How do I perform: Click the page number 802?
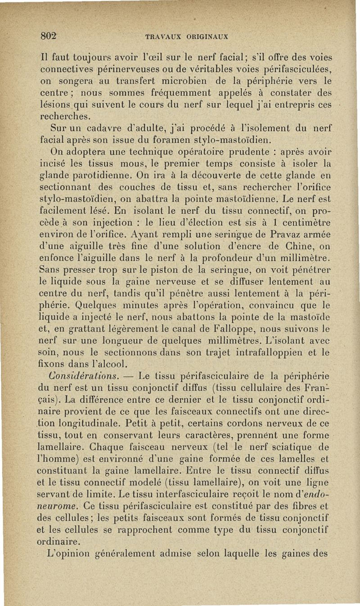[x=50, y=36]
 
